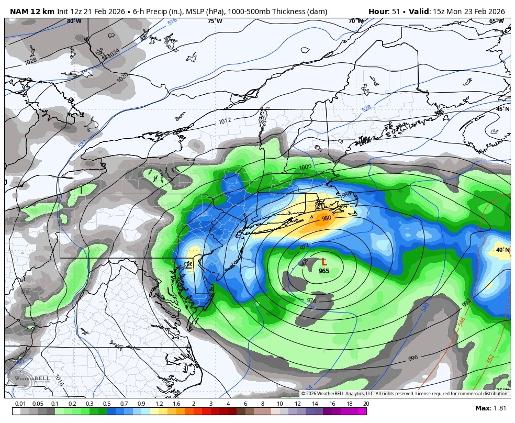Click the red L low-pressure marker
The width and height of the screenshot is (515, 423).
(324, 262)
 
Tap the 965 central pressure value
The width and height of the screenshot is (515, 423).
(324, 271)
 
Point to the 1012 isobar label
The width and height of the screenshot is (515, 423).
(225, 121)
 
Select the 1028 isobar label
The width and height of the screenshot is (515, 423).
(30, 61)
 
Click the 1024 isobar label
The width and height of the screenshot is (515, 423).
(113, 53)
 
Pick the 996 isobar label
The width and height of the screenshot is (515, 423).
(413, 358)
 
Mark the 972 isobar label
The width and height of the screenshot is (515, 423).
(305, 246)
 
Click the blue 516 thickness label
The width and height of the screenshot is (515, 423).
(172, 23)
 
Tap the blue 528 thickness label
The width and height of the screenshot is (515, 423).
(366, 108)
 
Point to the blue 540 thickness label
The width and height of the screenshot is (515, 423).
(425, 307)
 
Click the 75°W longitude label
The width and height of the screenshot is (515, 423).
(215, 21)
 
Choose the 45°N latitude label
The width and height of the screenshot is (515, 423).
(502, 109)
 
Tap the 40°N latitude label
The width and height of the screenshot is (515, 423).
(502, 250)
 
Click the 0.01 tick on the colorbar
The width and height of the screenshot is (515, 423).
(20, 404)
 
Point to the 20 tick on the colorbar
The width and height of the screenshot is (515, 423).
(365, 404)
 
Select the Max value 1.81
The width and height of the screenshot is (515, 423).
(498, 408)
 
